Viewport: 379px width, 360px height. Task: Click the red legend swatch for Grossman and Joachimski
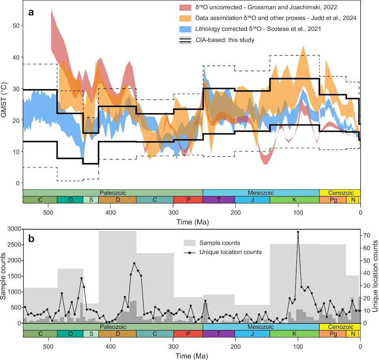(185, 7)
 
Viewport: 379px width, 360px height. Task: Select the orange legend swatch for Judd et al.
(185, 18)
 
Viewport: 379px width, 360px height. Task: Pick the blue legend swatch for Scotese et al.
(185, 29)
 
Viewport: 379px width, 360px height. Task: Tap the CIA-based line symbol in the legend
(185, 40)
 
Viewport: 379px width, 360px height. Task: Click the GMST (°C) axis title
(4, 100)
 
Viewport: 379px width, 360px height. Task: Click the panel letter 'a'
(31, 12)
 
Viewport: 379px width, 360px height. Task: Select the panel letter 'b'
(31, 239)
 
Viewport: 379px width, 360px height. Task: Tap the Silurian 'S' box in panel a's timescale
(91, 200)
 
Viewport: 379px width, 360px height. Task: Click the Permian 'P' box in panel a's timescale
(188, 200)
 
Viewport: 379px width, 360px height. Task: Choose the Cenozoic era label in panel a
(341, 193)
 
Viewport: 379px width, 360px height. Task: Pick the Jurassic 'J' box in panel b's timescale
(252, 334)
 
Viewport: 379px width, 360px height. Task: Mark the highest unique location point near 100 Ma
(298, 232)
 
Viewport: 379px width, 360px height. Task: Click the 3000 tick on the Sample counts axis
(14, 229)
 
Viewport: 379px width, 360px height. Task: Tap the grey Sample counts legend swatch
(189, 243)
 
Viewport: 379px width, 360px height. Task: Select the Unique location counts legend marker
(190, 253)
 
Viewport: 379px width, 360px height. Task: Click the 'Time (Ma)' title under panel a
(192, 222)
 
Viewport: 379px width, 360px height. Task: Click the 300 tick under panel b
(173, 347)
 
